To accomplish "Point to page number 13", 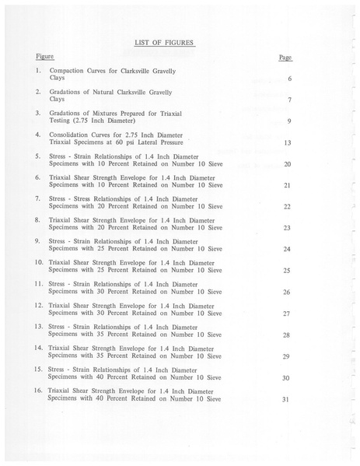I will tap(287, 143).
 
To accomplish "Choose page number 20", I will tap(287, 164).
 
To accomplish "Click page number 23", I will tap(287, 228).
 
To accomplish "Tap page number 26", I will tap(286, 292).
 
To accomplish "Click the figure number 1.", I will tap(37, 71).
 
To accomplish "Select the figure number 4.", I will tap(37, 135).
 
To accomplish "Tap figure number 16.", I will tap(37, 390).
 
